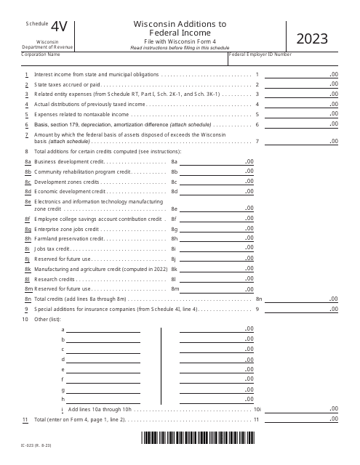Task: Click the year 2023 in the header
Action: pyautogui.click(x=311, y=39)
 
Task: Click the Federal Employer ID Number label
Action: pyautogui.click(x=261, y=54)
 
